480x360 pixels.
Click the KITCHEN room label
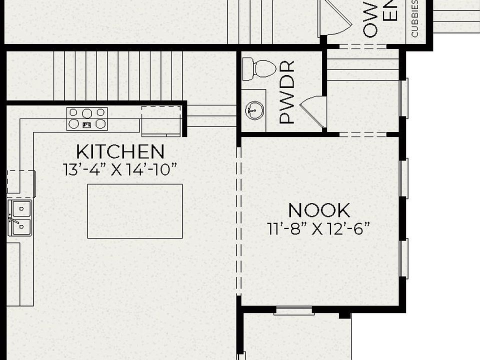point(120,151)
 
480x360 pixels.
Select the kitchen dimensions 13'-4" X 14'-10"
point(120,169)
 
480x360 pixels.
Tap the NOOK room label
point(319,210)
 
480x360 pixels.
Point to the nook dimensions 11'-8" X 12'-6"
point(319,229)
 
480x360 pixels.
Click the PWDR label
point(287,92)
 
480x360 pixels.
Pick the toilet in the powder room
point(258,69)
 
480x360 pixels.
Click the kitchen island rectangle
point(135,211)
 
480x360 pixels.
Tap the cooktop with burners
point(87,118)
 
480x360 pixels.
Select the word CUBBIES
point(415,19)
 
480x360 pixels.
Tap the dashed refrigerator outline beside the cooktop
point(161,120)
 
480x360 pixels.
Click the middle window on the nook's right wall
point(404,177)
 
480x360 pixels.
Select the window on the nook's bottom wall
point(294,311)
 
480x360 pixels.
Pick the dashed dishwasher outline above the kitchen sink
point(21,181)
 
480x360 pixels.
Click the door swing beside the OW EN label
point(334,17)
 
